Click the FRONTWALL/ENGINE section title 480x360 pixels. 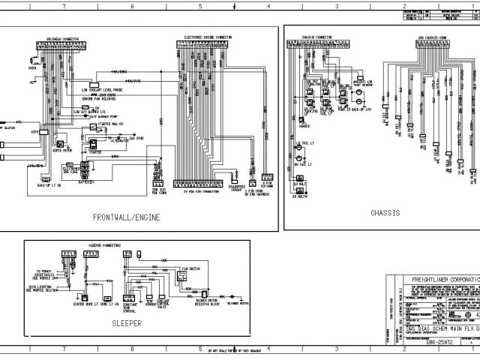click(x=127, y=217)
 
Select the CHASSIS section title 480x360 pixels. click(x=385, y=213)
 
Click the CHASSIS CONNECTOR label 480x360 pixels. click(x=318, y=37)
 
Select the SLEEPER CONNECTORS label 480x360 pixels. click(x=105, y=245)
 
